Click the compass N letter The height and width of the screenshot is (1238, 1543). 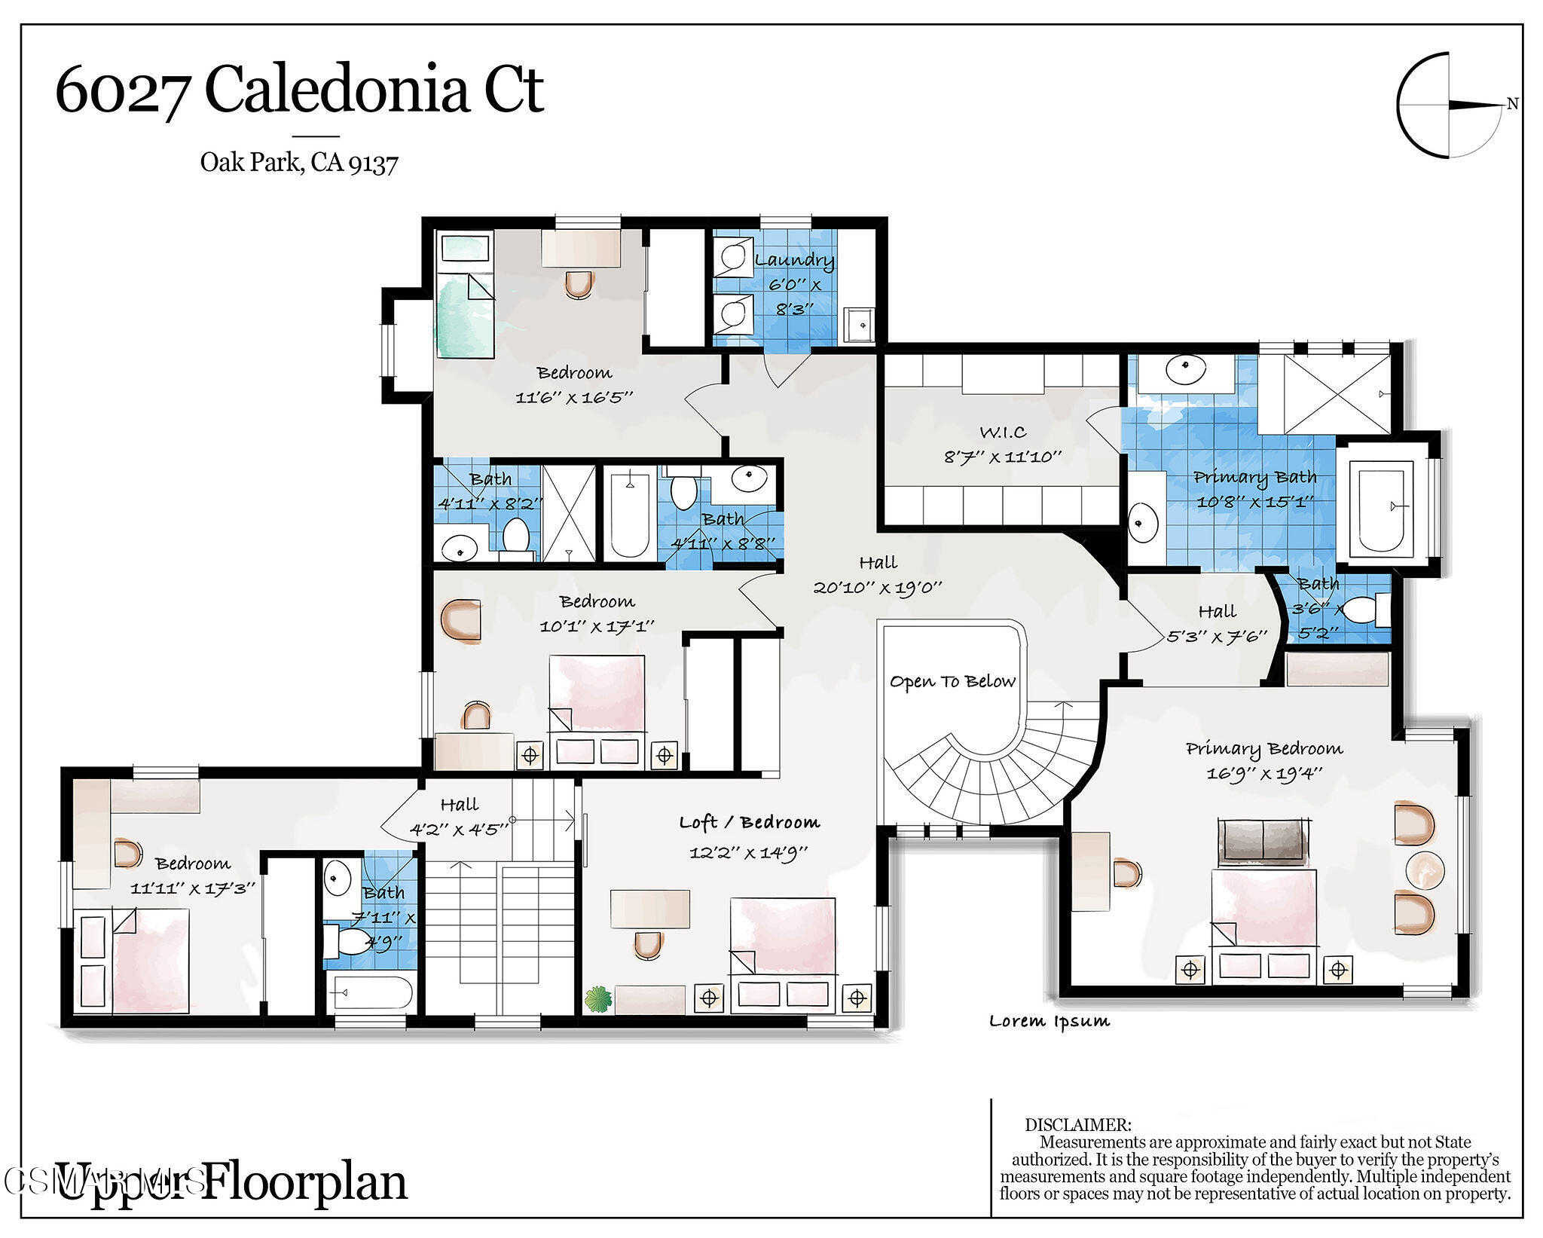click(1511, 105)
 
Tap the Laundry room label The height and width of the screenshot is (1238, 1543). click(794, 260)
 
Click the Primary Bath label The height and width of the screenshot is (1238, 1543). click(1255, 476)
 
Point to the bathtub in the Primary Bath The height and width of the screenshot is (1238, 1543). click(1382, 509)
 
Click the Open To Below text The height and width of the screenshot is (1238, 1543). click(952, 681)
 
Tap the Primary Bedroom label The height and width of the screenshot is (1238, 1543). click(1264, 748)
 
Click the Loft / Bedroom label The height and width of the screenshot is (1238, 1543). click(749, 822)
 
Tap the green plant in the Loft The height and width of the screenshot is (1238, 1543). click(598, 999)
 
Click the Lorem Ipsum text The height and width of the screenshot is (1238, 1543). click(1049, 1021)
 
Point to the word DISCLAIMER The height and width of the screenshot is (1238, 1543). click(1077, 1125)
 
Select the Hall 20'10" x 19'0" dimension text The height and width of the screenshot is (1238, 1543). click(878, 587)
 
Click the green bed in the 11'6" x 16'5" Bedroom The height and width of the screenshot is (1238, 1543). click(465, 316)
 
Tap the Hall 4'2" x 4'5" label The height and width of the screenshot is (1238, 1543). click(459, 805)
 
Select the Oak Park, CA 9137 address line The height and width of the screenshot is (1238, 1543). click(298, 162)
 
